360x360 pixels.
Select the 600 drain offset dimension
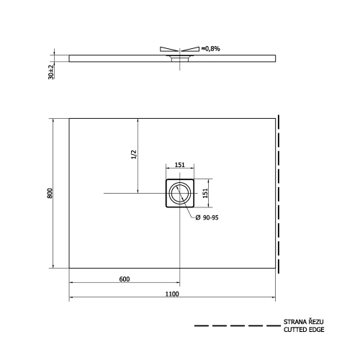pos(125,279)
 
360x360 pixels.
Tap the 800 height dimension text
pos(49,194)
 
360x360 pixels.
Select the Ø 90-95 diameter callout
pos(209,218)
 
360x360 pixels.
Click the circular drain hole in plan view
pos(179,193)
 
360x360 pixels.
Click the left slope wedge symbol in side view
pos(164,50)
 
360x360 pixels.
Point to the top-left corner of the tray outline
pos(69,118)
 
